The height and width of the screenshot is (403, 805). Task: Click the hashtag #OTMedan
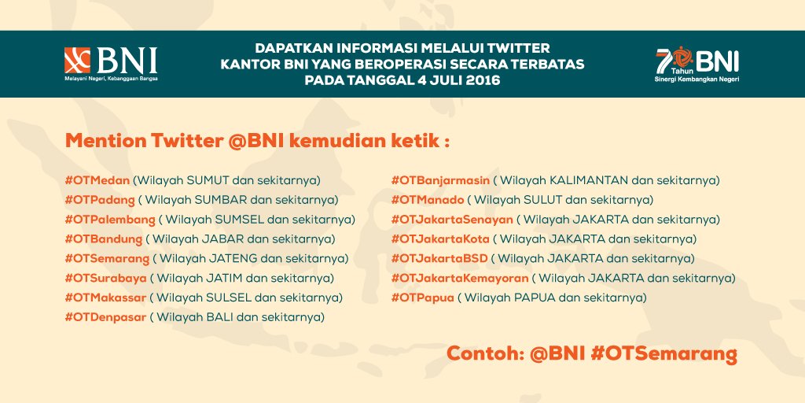[x=97, y=180]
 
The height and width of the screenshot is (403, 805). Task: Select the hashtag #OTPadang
[x=100, y=200]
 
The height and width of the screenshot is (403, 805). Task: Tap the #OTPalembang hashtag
[x=110, y=220]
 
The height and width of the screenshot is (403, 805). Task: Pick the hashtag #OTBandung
[x=104, y=239]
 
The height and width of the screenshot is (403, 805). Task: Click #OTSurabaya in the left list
[x=106, y=279]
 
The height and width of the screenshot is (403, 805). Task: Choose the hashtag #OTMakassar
[x=106, y=298]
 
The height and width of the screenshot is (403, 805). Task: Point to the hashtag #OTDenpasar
[x=106, y=318]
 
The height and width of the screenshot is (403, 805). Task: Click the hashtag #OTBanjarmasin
[x=441, y=180]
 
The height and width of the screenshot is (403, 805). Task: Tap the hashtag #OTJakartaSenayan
[x=452, y=220]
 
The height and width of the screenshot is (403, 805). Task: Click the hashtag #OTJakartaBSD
[x=439, y=259]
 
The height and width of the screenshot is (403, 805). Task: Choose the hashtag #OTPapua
[x=422, y=298]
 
